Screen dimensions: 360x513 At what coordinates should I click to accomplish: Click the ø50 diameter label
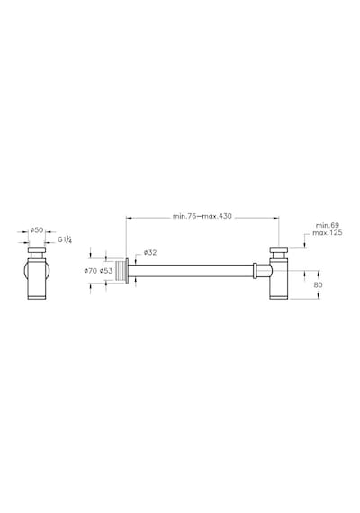click(37, 230)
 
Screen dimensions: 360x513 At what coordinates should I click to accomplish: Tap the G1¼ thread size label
click(65, 239)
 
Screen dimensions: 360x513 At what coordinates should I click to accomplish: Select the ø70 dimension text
click(91, 271)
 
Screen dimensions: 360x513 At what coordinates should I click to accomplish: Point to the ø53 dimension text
click(106, 271)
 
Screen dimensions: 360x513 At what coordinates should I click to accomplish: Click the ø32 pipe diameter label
click(150, 252)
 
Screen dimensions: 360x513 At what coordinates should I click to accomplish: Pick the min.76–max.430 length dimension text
click(202, 216)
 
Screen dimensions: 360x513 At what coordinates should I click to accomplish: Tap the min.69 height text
click(328, 225)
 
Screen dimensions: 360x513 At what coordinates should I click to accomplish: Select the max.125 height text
click(328, 232)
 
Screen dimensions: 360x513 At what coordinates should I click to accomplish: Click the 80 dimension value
click(318, 285)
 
